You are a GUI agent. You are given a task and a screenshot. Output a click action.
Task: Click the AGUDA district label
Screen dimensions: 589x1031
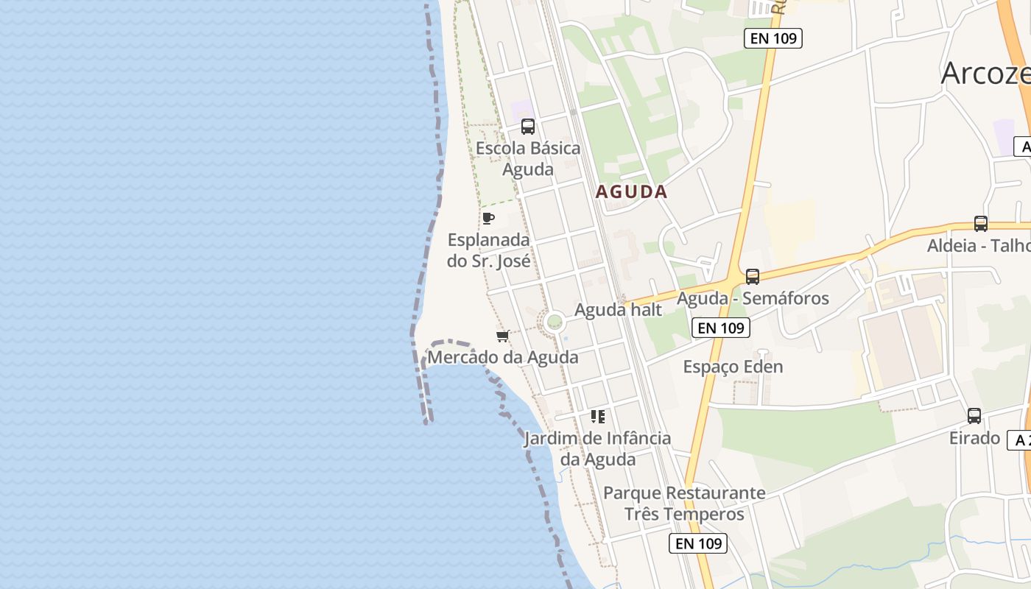631,192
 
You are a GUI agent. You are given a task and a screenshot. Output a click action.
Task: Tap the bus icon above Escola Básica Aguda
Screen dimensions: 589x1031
528,126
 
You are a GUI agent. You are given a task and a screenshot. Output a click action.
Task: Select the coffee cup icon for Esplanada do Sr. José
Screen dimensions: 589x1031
488,218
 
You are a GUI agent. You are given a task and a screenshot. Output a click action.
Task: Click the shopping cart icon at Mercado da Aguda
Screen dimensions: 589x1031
503,336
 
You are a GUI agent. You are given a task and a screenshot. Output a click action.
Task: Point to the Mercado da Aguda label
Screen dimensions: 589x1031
503,358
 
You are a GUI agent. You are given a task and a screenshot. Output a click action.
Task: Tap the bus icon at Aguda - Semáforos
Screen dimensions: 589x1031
752,277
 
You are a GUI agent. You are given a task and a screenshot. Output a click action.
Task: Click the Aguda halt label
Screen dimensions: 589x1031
619,310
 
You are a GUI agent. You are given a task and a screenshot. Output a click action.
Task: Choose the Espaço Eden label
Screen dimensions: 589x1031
733,367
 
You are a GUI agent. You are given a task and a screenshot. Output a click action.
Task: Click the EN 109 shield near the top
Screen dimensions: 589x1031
773,38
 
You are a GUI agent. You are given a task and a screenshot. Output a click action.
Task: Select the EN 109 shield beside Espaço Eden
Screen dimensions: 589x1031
721,328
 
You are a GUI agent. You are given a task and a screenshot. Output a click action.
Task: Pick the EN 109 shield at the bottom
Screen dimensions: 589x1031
698,543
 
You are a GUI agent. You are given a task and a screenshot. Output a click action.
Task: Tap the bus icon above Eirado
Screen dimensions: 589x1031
974,416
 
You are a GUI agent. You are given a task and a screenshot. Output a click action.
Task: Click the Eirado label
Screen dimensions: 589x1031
974,438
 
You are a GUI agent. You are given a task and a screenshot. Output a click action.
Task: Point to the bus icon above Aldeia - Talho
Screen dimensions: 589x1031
980,224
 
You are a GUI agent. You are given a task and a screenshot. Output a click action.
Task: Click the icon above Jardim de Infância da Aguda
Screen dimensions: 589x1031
598,417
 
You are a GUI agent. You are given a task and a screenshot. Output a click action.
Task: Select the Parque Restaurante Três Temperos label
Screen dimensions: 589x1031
685,503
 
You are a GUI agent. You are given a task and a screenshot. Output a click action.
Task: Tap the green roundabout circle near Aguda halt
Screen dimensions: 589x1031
555,322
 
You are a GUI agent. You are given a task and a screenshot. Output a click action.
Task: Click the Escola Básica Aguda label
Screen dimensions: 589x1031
528,158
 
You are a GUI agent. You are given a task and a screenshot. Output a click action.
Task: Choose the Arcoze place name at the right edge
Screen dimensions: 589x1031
985,73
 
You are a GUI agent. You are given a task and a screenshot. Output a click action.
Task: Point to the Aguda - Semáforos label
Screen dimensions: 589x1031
753,298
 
